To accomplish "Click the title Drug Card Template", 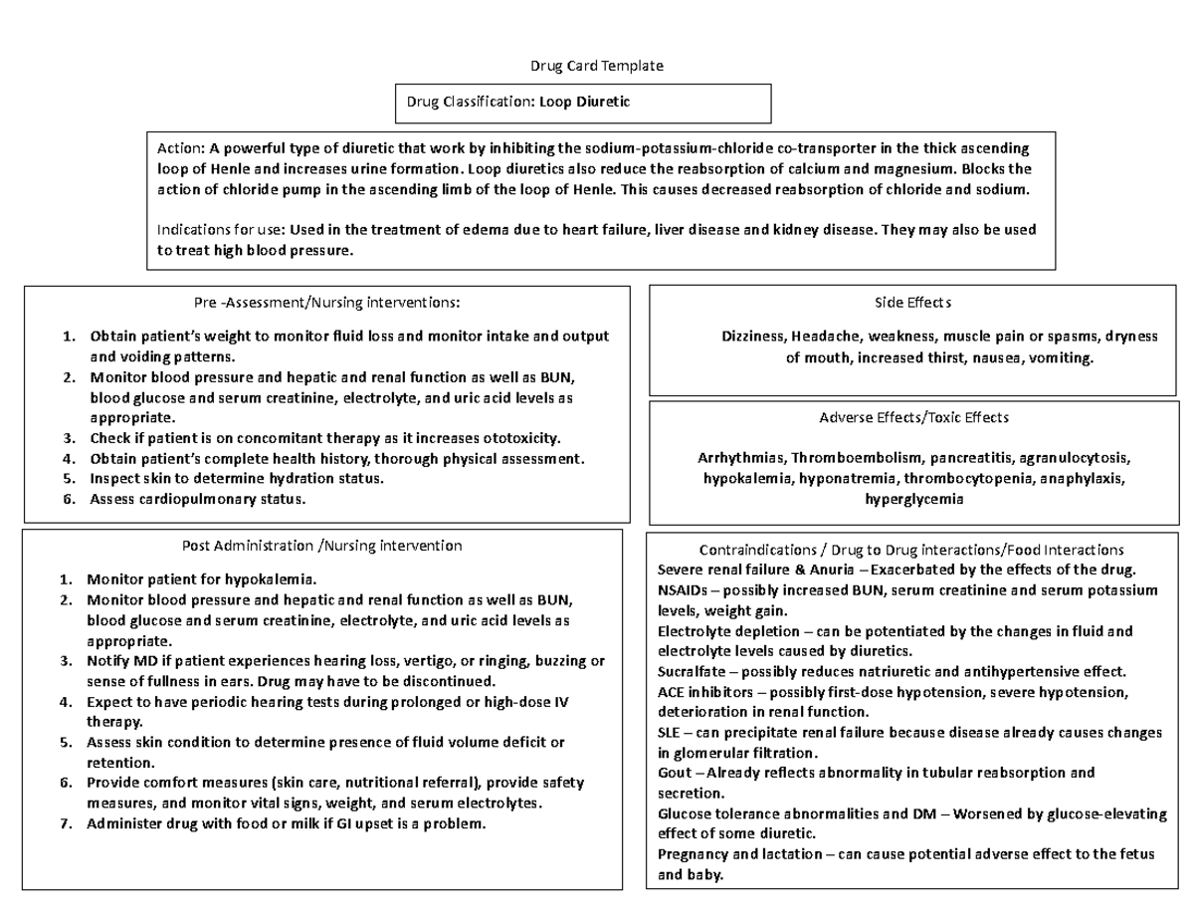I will pos(596,66).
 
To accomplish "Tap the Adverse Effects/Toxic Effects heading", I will pos(913,418).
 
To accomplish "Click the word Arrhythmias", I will pos(741,459).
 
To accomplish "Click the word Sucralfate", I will pos(692,672).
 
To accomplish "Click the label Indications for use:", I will pos(221,230).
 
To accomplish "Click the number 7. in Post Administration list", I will pos(66,824).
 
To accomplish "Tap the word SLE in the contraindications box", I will pos(670,733).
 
